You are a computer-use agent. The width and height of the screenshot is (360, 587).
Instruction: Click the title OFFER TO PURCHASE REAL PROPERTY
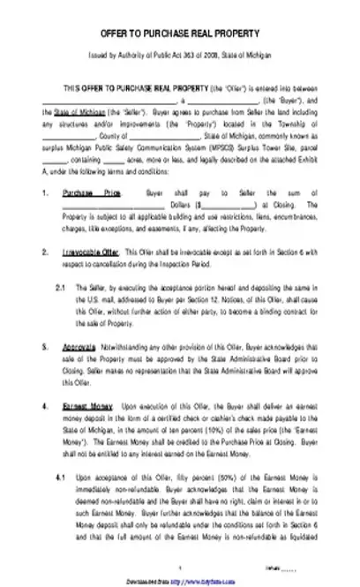point(179,33)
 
